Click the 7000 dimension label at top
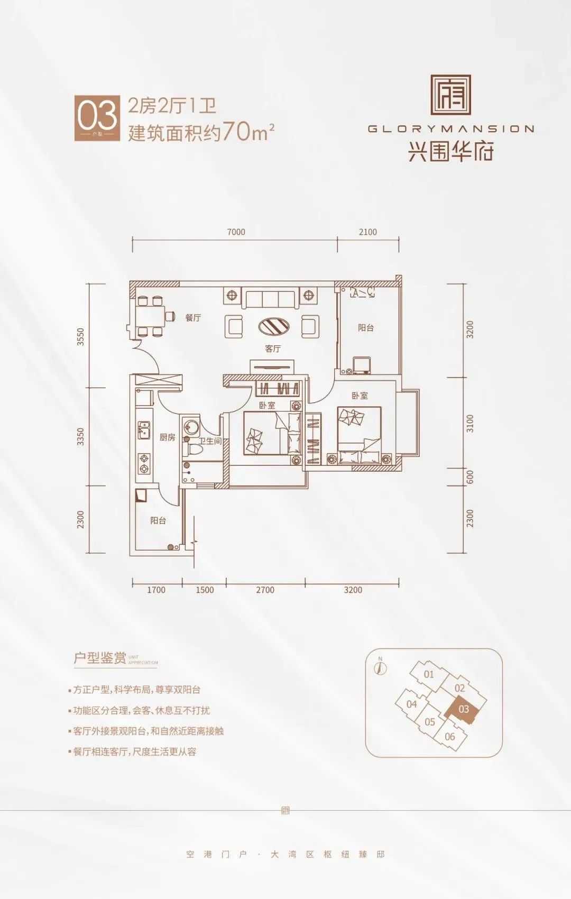click(236, 232)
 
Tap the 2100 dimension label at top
click(367, 232)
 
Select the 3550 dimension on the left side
click(80, 337)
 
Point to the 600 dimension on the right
click(470, 477)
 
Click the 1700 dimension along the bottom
click(156, 590)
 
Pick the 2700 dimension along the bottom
click(265, 590)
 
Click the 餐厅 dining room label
click(193, 318)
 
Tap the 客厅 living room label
click(273, 348)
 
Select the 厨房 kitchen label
click(168, 437)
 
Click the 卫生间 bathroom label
click(210, 441)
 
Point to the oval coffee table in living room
click(274, 326)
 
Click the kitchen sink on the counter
click(143, 430)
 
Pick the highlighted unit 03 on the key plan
click(464, 709)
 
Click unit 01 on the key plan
click(429, 674)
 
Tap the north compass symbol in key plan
click(380, 667)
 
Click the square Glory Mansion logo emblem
click(450, 95)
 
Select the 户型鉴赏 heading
click(100, 658)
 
